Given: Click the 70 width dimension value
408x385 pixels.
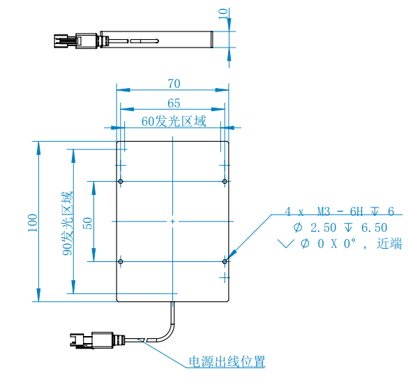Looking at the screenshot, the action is (x=174, y=84).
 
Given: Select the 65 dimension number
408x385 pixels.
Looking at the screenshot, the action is (x=174, y=103).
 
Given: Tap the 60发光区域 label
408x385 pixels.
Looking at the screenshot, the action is (x=174, y=122).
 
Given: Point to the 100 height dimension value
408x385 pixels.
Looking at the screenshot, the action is (x=33, y=223).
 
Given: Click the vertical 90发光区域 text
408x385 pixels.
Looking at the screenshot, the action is (x=68, y=224).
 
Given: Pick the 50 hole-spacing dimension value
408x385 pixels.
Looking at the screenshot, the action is (x=88, y=224).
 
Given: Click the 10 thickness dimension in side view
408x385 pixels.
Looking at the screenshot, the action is (x=223, y=13).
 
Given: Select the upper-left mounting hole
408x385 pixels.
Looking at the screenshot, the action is (x=121, y=181).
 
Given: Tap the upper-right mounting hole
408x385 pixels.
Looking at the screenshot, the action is (x=225, y=181).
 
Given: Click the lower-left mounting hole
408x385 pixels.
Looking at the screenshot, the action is (x=121, y=261).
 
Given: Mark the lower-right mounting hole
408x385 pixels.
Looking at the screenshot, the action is (x=225, y=261).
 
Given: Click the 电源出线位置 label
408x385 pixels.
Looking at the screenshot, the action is (x=227, y=362).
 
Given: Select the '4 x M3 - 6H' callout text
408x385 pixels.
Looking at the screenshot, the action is (x=324, y=212).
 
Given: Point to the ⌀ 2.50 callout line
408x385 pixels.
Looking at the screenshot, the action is (x=340, y=228).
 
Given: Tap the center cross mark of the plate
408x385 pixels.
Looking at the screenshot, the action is (x=172, y=221).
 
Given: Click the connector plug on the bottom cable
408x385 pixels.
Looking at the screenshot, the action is (x=97, y=340).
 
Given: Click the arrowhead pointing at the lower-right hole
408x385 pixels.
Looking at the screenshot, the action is (x=232, y=254).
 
